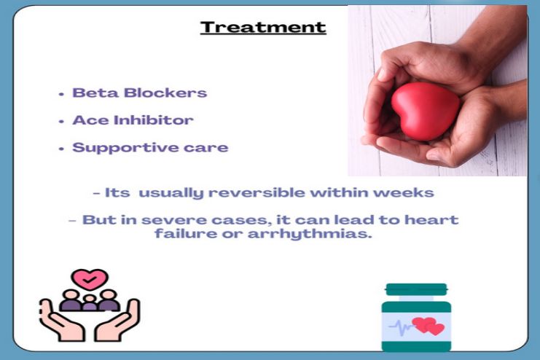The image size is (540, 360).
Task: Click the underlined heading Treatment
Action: pos(263,28)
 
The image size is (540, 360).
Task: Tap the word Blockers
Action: pos(160,93)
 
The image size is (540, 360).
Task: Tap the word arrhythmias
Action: pos(331,234)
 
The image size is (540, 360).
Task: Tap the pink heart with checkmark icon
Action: pos(90,278)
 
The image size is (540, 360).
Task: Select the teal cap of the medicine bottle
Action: pos(417,289)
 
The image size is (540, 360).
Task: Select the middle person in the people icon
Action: pos(90,300)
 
